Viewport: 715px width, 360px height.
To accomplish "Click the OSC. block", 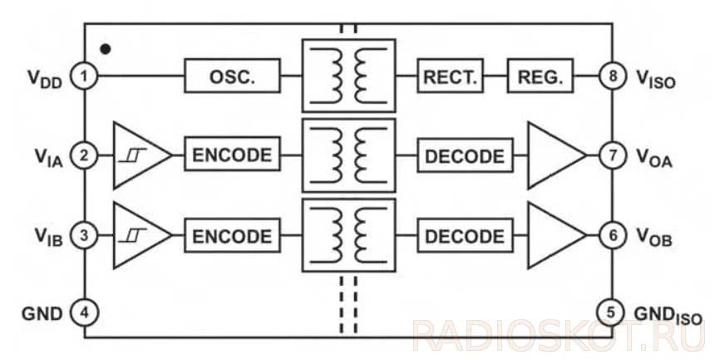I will (232, 76).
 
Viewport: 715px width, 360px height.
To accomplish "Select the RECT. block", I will (449, 76).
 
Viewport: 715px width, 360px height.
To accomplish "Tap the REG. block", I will (540, 76).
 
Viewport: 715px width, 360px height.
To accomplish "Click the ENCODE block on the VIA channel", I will (232, 155).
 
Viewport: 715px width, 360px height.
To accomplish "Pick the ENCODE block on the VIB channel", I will (232, 235).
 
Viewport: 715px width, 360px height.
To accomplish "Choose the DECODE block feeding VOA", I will (464, 155).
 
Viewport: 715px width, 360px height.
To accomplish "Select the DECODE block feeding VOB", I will (464, 235).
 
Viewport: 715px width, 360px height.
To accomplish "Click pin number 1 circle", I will (84, 76).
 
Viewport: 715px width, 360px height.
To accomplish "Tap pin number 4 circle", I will (84, 313).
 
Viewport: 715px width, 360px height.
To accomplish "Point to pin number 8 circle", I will (612, 77).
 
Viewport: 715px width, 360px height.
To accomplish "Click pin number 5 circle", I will (612, 313).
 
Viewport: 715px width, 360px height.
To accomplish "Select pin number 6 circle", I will (612, 235).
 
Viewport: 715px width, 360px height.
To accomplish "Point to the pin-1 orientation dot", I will (106, 48).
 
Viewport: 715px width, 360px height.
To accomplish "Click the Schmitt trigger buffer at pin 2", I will (136, 155).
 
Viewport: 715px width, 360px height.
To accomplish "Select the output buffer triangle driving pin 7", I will (552, 155).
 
